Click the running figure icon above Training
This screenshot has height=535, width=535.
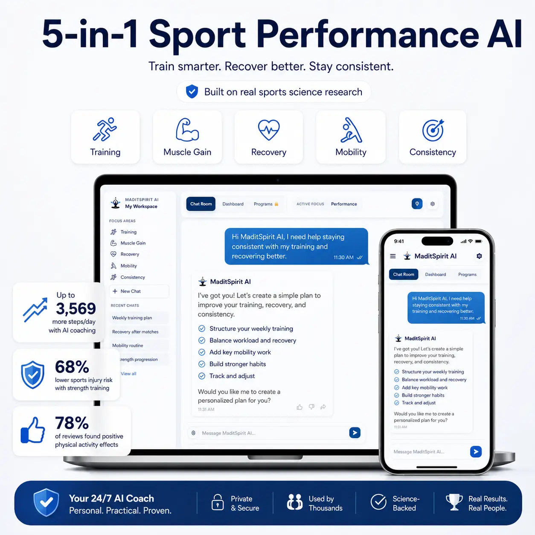coord(105,129)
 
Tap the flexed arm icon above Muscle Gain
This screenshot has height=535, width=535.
coord(187,130)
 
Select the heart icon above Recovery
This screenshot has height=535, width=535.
coord(268,130)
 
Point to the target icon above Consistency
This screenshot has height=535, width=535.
coord(433,130)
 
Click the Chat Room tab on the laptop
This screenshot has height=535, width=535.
coord(201,204)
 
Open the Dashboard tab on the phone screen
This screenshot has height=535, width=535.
coord(435,274)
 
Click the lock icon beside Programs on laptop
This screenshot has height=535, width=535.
coord(276,204)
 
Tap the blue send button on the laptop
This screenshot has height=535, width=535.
coord(355,433)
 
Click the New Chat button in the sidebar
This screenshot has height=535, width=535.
coord(139,291)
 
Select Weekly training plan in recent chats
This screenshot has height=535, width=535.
coord(132,318)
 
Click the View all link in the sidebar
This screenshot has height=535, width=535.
coord(128,374)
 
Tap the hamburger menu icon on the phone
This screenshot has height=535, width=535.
coord(393,256)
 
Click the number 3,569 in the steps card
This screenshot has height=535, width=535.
coord(76,308)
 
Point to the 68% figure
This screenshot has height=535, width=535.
coord(72,366)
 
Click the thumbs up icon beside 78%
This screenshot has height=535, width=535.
coord(33,430)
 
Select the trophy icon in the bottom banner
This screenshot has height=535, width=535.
coord(454,502)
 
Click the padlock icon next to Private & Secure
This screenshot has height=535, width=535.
coord(218,502)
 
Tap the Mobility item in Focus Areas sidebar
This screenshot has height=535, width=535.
coord(128,266)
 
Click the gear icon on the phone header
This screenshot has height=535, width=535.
coord(479,256)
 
